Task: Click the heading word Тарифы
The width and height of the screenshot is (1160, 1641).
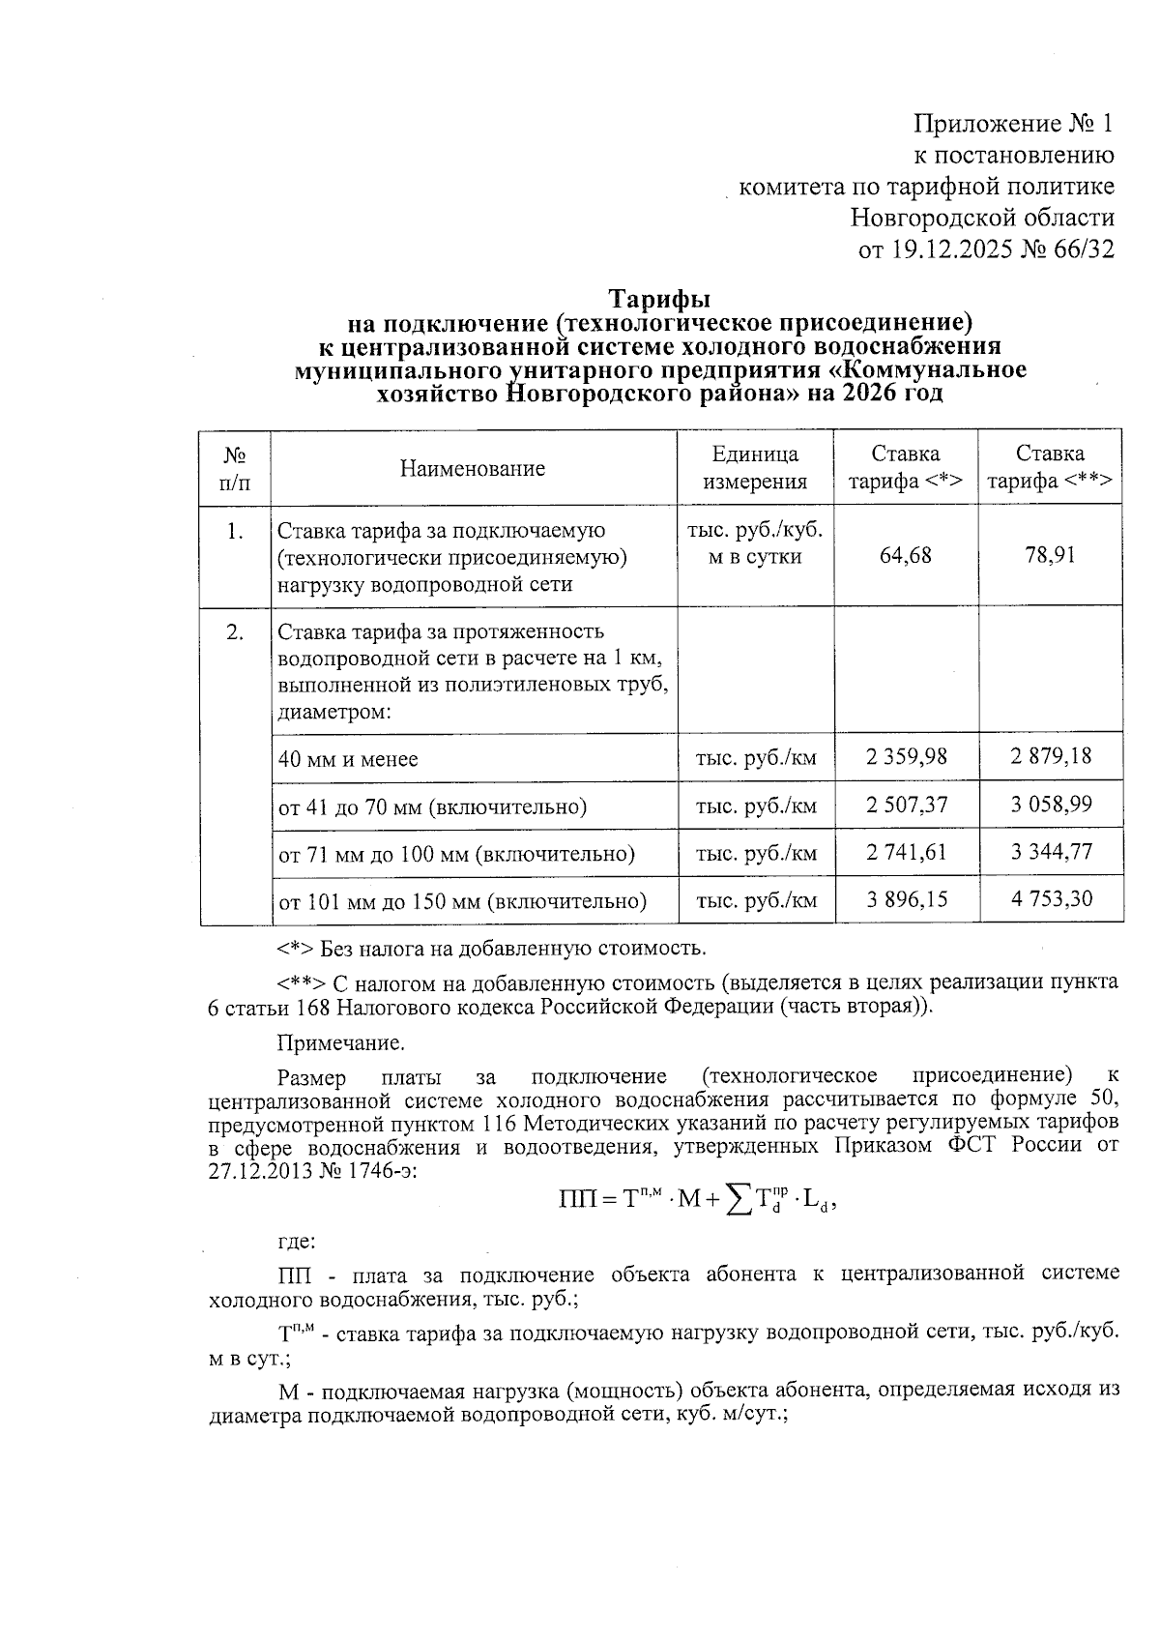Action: pos(659,297)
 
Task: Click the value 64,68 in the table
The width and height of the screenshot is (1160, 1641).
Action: pos(906,555)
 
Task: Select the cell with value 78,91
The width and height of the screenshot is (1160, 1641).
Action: pos(1051,555)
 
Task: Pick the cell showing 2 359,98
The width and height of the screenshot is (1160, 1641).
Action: pos(906,756)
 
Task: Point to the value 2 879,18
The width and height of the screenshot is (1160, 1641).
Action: pos(1051,756)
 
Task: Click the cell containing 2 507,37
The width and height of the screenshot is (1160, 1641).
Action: pos(906,804)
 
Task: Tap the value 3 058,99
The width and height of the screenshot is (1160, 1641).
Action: pos(1051,804)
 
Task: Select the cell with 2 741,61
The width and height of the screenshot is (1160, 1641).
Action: pos(906,852)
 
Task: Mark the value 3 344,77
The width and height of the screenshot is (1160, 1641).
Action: pos(1051,852)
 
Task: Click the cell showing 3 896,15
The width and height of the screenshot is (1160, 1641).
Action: pos(906,899)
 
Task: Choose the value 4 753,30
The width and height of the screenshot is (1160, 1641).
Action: pos(1051,899)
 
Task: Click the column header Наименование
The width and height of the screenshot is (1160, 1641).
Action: pos(473,468)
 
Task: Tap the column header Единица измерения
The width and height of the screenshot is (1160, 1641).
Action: pos(755,468)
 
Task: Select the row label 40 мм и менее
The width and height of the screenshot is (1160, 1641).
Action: pos(348,759)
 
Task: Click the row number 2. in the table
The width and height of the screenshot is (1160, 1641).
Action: pos(234,632)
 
